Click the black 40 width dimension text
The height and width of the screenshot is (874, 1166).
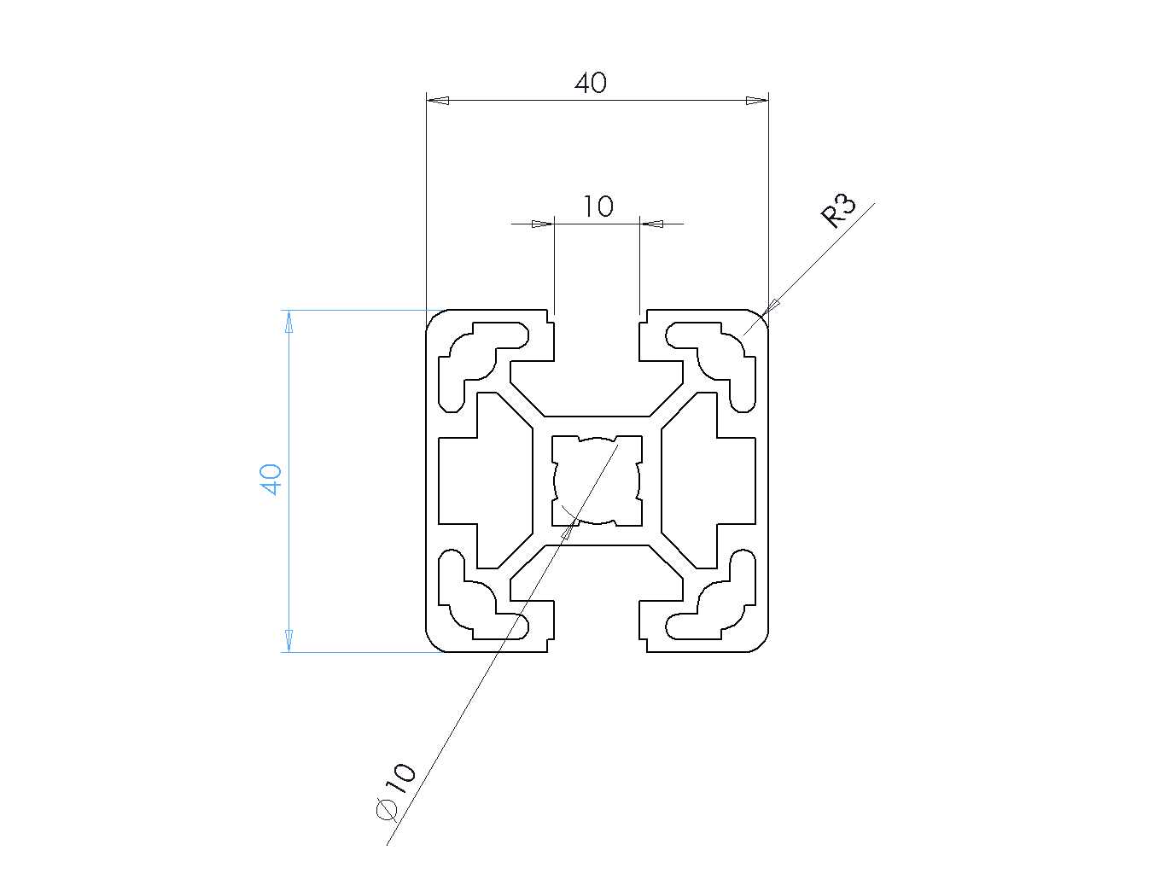point(590,83)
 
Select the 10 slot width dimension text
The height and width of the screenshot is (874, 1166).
point(598,207)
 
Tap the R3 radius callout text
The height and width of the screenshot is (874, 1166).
point(839,212)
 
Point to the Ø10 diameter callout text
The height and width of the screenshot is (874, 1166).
point(395,793)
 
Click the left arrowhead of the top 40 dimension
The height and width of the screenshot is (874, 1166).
point(438,101)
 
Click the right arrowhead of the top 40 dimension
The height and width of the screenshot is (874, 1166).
point(757,101)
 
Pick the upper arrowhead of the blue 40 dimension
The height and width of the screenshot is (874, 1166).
point(289,322)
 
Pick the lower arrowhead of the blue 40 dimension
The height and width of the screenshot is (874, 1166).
point(289,640)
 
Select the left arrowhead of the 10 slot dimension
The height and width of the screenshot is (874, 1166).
point(543,224)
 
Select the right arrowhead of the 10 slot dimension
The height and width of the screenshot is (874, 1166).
point(650,224)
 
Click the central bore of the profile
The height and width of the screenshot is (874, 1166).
point(597,481)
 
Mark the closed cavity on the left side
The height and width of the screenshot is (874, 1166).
point(485,481)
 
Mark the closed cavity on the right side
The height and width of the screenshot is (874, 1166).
point(708,481)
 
